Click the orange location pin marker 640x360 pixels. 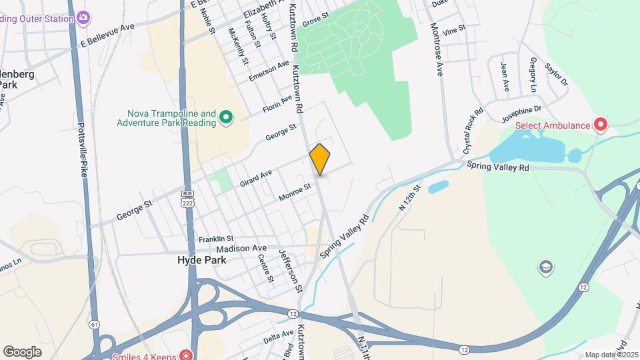click(320, 159)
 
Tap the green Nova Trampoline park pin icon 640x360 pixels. click(226, 118)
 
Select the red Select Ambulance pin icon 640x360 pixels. click(601, 125)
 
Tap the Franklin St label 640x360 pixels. click(215, 239)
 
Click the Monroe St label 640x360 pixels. click(295, 193)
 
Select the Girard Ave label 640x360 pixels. click(256, 177)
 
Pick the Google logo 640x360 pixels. click(22, 351)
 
